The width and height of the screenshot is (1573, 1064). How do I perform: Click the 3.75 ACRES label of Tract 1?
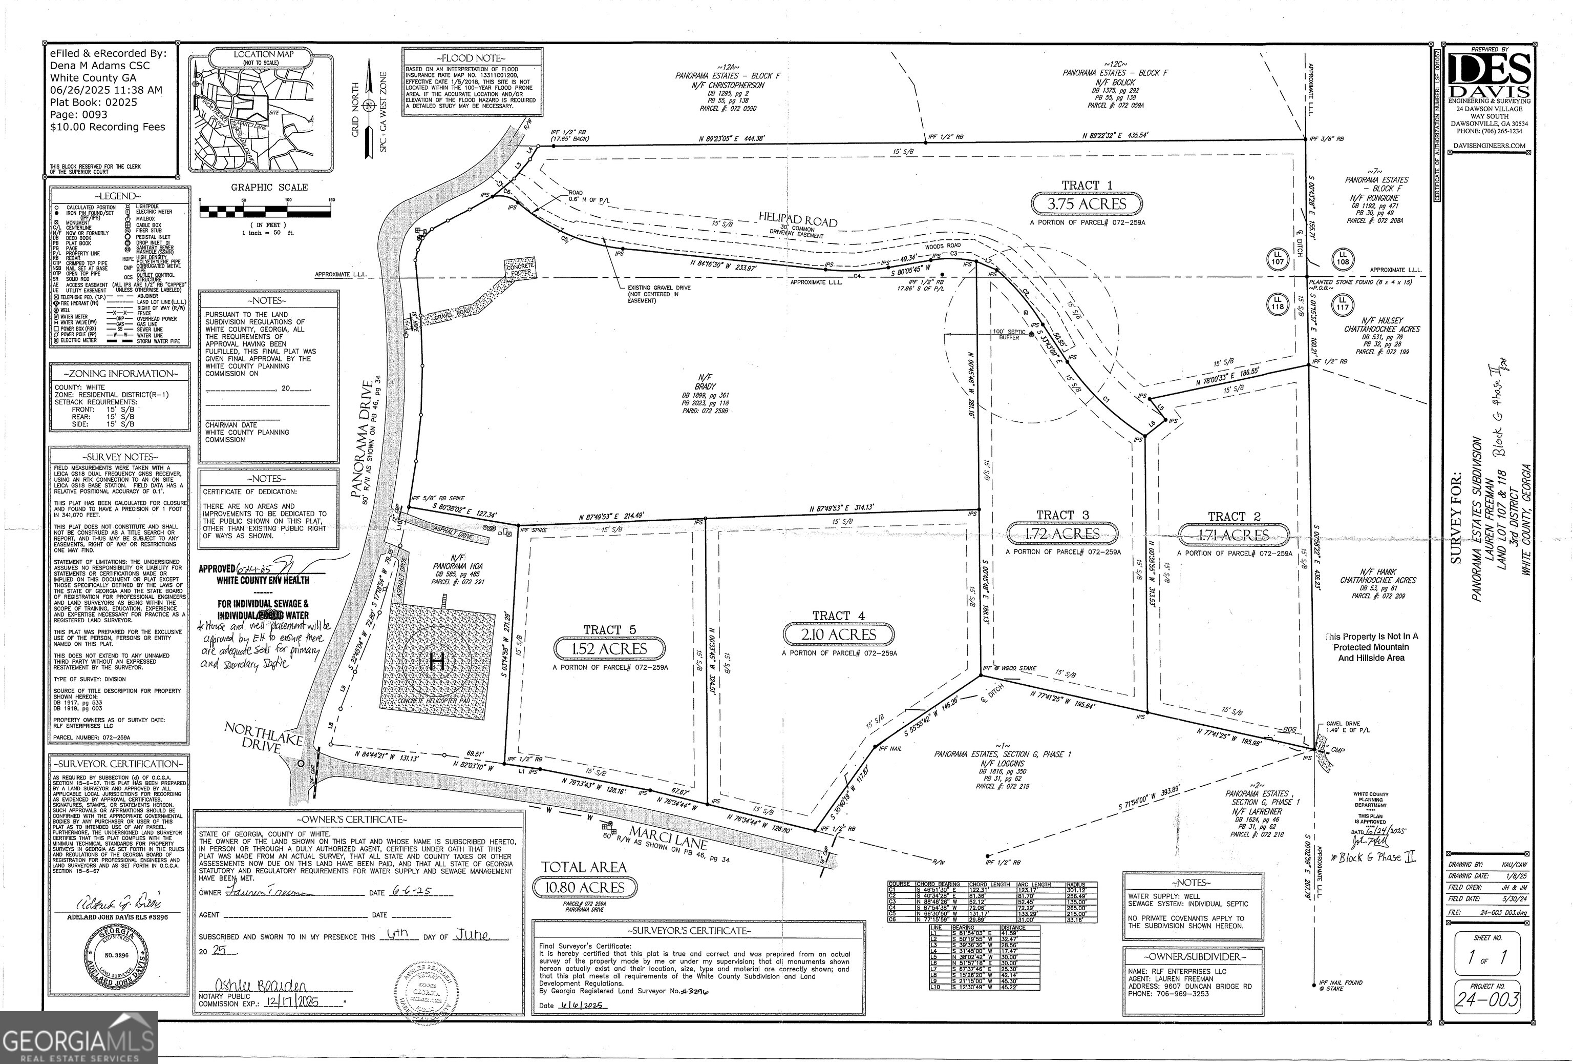pyautogui.click(x=1087, y=204)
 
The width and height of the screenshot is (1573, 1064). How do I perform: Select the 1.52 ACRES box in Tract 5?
pyautogui.click(x=610, y=649)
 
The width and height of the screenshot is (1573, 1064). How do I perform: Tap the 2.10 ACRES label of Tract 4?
pyautogui.click(x=839, y=635)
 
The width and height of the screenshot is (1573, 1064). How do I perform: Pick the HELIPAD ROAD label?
pyautogui.click(x=797, y=220)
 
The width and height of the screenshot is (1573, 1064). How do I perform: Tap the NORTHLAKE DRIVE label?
pyautogui.click(x=264, y=737)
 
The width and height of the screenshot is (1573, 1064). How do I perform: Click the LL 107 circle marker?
pyautogui.click(x=1277, y=258)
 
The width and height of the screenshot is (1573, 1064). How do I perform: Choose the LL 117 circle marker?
pyautogui.click(x=1342, y=303)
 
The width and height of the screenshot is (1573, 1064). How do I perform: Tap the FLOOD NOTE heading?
pyautogui.click(x=471, y=58)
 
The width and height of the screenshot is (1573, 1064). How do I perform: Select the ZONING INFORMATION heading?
pyautogui.click(x=120, y=374)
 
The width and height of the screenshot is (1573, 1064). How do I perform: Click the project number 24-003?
pyautogui.click(x=1486, y=999)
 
